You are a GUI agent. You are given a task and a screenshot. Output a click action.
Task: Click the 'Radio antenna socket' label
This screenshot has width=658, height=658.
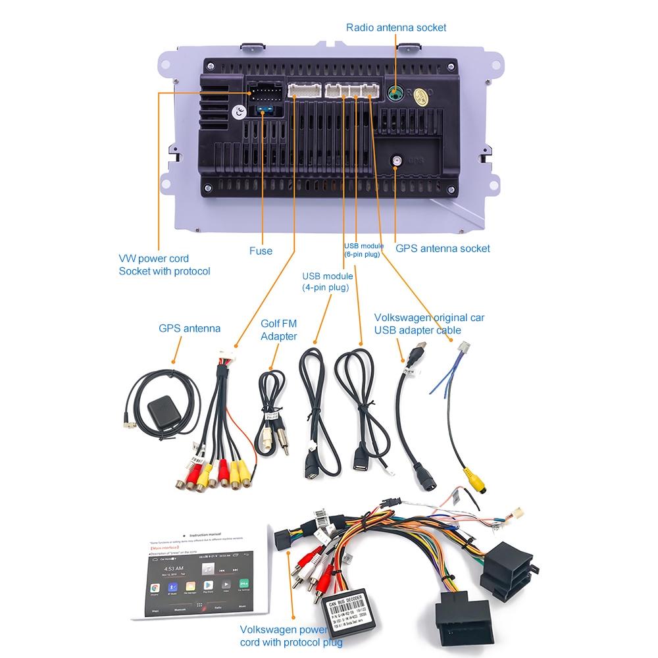click(x=396, y=27)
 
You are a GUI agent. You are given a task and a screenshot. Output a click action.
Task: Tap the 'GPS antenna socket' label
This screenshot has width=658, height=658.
click(x=442, y=249)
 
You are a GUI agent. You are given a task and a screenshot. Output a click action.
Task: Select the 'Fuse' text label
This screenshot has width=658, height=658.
click(x=261, y=251)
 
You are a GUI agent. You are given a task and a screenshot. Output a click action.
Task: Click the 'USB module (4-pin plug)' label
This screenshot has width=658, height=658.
click(x=327, y=282)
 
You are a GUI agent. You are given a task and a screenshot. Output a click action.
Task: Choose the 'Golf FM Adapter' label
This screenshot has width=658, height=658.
click(x=279, y=330)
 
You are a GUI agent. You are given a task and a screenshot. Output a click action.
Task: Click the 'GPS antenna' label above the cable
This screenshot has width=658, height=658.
click(x=190, y=328)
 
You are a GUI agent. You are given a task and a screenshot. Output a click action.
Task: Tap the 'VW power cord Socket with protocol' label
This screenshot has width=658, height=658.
click(x=164, y=265)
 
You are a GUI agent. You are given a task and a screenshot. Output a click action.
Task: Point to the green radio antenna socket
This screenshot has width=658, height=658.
click(x=395, y=93)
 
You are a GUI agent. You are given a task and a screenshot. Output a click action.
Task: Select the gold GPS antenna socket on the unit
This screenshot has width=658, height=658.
click(x=397, y=160)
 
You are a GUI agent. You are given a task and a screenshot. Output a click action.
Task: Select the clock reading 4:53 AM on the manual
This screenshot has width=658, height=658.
click(x=174, y=569)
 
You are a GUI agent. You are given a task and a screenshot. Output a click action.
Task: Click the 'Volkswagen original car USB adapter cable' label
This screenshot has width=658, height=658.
click(x=429, y=324)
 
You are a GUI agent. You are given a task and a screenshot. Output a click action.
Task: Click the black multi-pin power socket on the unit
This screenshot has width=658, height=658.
click(x=265, y=93)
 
